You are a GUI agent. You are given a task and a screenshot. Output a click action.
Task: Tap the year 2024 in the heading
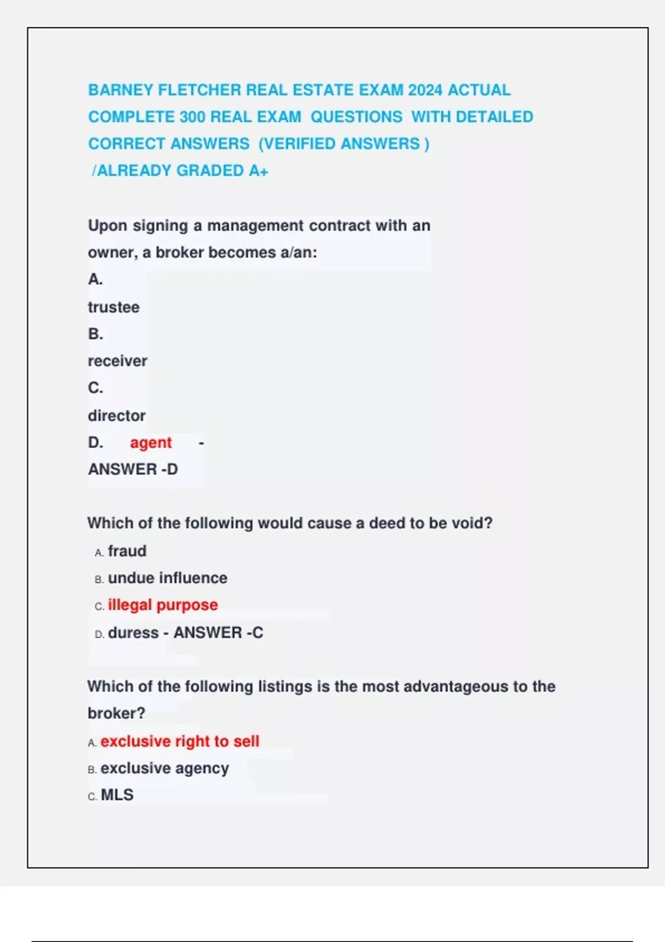(425, 90)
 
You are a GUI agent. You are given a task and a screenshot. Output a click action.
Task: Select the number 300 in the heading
(193, 117)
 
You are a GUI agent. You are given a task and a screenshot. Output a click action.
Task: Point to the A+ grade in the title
(258, 171)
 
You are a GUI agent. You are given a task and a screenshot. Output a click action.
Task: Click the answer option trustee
(114, 307)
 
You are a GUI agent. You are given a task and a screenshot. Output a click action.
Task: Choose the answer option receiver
(117, 361)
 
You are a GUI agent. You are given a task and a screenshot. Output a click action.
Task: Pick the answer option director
(116, 416)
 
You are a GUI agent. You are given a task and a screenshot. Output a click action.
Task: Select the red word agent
(151, 443)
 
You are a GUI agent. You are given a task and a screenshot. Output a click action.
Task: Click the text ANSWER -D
(133, 469)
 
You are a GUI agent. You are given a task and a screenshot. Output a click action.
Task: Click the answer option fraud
(127, 551)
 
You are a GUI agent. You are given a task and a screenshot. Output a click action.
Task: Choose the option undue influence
(167, 578)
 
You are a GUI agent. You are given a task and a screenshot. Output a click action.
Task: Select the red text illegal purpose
(163, 605)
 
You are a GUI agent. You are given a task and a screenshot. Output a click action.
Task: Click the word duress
(133, 633)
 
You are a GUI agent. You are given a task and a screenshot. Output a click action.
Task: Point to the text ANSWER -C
(218, 633)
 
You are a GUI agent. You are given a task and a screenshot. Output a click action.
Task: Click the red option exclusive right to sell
(180, 741)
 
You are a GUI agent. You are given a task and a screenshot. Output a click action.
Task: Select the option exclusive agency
(165, 769)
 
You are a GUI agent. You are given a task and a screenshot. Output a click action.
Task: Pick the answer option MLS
(117, 795)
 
